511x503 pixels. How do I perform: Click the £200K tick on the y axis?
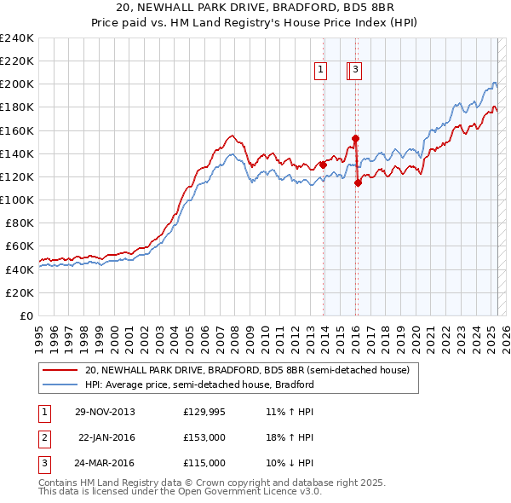coord(16,84)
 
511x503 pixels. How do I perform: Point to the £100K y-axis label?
coord(16,199)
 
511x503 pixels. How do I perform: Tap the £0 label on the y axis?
coord(26,315)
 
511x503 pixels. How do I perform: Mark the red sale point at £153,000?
coord(355,138)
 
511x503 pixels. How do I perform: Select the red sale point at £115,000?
coord(358,182)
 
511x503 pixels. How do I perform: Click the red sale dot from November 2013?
coord(323,165)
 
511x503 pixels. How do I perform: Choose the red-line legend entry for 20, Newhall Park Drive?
coord(247,371)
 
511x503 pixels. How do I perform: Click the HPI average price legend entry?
coord(199,384)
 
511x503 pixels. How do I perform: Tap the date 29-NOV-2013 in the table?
coord(105,412)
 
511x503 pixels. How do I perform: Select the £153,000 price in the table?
coord(204,437)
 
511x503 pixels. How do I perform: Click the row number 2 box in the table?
coord(43,437)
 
